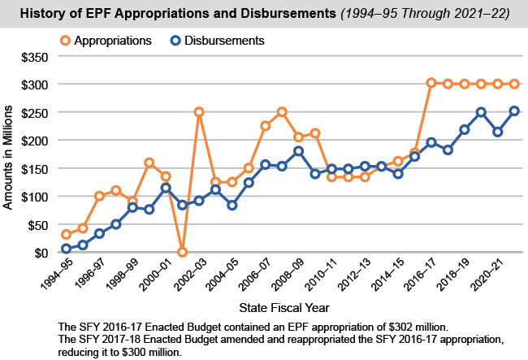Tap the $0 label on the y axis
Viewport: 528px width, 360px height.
[x=40, y=253]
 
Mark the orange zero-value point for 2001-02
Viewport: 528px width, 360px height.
[x=182, y=252]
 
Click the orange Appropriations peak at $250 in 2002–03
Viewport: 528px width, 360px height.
[x=198, y=111]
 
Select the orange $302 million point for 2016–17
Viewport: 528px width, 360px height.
[x=431, y=83]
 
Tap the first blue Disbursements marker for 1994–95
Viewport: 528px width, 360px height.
[x=66, y=249]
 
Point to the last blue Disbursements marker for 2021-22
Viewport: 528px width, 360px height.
[x=514, y=111]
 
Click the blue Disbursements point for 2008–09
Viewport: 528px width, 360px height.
[x=298, y=151]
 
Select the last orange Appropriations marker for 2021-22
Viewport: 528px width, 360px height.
[x=514, y=84]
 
